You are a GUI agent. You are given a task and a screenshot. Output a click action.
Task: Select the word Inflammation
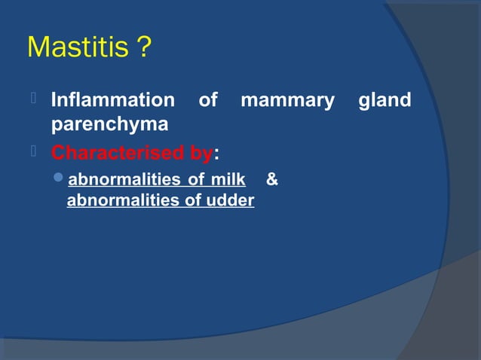click(112, 100)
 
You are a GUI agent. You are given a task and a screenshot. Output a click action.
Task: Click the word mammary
click(286, 100)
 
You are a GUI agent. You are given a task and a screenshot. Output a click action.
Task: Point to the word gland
click(384, 100)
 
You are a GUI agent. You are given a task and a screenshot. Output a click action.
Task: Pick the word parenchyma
click(109, 124)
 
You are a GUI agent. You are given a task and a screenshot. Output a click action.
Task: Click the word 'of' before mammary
click(207, 100)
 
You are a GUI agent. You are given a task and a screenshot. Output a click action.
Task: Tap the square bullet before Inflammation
click(33, 100)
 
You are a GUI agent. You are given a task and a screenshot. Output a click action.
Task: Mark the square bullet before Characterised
click(33, 153)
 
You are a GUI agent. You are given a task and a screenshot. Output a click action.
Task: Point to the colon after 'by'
click(217, 154)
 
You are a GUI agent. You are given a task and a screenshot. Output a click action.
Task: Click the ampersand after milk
click(272, 180)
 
